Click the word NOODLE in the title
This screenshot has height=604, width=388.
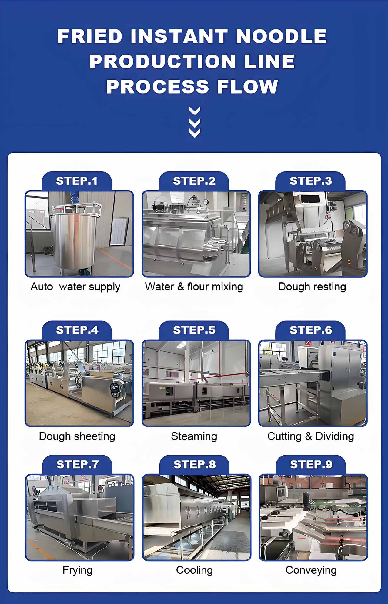point(281,36)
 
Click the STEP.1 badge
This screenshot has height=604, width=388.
point(77,181)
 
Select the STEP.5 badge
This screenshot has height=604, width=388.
point(194,330)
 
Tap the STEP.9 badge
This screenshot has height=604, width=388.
point(311,464)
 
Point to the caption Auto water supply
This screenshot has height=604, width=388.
point(75,287)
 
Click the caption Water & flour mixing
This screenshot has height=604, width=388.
point(194,287)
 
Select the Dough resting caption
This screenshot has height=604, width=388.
point(312,287)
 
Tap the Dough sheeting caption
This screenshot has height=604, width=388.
point(77,436)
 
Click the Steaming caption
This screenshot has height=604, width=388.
point(194,436)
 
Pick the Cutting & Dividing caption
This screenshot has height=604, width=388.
point(311,436)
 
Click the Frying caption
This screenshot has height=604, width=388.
point(77,570)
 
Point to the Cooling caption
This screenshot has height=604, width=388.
point(194,570)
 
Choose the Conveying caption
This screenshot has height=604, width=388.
point(311,570)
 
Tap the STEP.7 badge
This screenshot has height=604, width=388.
point(77,464)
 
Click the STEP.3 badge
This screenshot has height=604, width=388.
point(311,181)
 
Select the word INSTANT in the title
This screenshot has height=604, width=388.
point(179,36)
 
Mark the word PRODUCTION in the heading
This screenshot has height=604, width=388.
point(163,61)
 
